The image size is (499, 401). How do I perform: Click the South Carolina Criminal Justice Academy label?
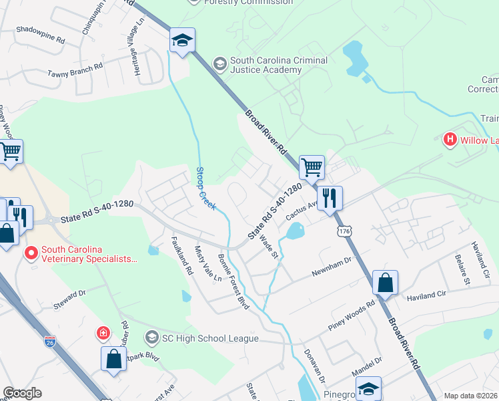click(x=279, y=65)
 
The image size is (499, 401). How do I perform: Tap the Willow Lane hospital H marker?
click(x=450, y=140)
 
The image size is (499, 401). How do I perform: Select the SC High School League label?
click(x=209, y=338)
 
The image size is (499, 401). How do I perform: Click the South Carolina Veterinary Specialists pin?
click(x=31, y=253)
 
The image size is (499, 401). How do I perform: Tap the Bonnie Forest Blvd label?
click(x=234, y=281)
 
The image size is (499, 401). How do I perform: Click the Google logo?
click(x=22, y=393)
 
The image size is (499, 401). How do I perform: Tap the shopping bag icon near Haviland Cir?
click(x=386, y=282)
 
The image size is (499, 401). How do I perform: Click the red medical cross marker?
click(x=103, y=333)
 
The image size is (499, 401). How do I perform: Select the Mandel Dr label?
click(x=368, y=365)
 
